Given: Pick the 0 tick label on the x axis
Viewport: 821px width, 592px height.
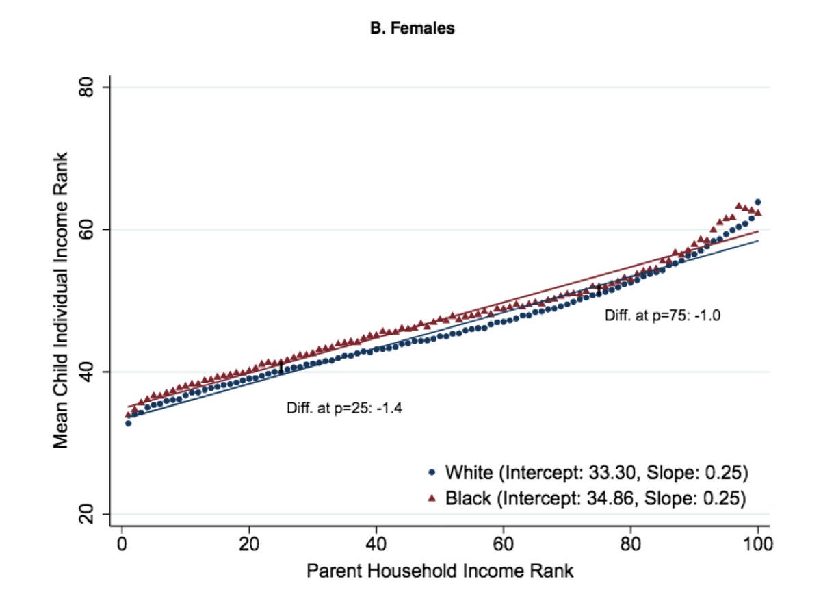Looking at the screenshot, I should click(x=122, y=545).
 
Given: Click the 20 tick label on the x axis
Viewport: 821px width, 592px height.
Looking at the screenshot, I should click(x=249, y=545).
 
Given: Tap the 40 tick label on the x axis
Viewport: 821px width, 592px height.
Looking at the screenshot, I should click(x=376, y=545).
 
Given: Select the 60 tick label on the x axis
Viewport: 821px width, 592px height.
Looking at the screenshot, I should click(x=504, y=545).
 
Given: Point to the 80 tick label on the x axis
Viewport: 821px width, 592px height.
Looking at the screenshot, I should click(x=631, y=545).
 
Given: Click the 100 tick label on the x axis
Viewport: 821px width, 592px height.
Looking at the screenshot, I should click(x=757, y=545).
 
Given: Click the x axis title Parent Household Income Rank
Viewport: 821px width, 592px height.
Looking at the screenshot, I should click(x=439, y=571).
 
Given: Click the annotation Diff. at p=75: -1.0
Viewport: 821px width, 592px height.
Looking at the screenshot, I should click(x=663, y=316).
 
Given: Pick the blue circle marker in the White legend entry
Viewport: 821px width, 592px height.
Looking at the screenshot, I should click(x=431, y=473).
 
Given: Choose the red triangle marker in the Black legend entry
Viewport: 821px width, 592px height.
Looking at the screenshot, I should click(x=431, y=498).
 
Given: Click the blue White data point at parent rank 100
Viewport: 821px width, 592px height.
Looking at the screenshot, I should click(x=757, y=203).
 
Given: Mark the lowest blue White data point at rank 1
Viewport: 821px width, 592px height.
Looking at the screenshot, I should click(x=128, y=423).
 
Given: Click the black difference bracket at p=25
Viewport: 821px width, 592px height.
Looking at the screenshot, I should click(x=281, y=366).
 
